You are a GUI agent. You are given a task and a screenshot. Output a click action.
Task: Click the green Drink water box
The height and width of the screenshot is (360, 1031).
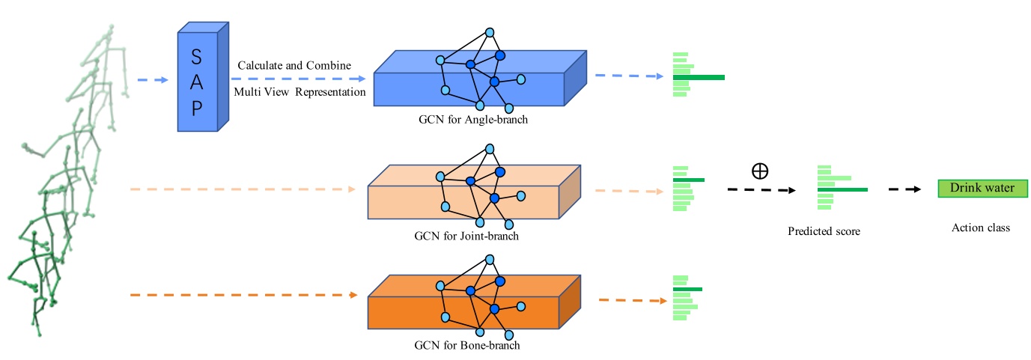coord(982,189)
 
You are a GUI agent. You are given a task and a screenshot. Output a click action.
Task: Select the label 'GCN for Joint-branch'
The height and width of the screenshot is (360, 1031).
coord(466,236)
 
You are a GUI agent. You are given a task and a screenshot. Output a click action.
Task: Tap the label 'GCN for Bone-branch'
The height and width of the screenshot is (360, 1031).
coord(466,346)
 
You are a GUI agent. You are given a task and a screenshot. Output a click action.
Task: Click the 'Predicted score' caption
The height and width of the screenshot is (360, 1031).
coord(824,231)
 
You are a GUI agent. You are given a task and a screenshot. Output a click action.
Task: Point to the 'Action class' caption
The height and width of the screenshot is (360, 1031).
coord(981,228)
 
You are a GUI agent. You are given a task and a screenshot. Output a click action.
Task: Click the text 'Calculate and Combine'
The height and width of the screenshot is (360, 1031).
coord(294,65)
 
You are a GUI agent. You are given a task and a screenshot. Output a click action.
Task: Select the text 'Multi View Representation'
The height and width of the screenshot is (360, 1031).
coord(299,92)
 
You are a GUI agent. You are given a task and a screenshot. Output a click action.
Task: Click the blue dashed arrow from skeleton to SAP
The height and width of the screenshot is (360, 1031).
coord(154,79)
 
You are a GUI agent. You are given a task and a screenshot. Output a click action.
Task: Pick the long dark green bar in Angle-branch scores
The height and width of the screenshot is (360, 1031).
coord(699,77)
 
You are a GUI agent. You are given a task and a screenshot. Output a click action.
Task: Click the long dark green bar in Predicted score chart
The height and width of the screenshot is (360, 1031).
coord(842,190)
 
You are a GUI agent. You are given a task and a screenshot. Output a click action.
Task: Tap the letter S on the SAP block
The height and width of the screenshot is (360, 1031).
coord(196,56)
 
